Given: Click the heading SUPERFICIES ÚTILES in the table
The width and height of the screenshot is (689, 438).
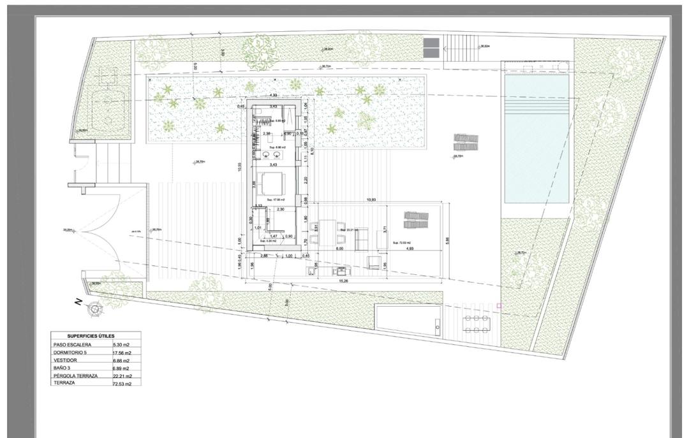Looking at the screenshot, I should tap(91, 336).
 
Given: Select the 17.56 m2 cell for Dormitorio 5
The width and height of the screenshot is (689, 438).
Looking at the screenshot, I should tap(122, 353).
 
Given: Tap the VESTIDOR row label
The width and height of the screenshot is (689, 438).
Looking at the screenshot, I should tap(66, 360).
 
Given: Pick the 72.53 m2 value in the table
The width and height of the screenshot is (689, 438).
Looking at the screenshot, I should tap(122, 383).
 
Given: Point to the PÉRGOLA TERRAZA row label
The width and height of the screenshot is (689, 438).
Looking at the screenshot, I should tap(76, 376).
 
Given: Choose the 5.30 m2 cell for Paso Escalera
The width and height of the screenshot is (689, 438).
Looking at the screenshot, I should tap(121, 345).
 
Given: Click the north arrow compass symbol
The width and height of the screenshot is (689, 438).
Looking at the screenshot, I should tap(94, 309).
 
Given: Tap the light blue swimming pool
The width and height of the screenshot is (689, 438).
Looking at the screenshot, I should tap(536, 139).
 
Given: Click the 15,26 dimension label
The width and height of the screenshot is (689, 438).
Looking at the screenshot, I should tap(343, 281).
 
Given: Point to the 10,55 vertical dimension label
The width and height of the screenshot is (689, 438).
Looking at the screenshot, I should tap(239, 167).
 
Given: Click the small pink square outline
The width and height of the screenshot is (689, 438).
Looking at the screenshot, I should tap(499, 307).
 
